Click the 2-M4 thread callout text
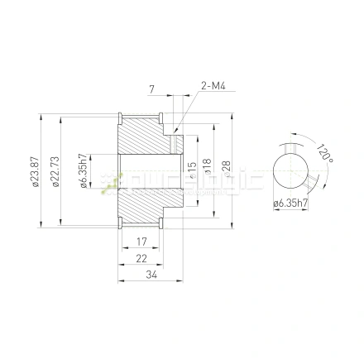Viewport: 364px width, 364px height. [x=212, y=84]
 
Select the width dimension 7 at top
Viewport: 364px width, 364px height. [x=152, y=89]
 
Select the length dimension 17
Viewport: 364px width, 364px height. [x=141, y=242]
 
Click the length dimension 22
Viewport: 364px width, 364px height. [x=141, y=259]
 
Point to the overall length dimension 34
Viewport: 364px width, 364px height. [x=150, y=275]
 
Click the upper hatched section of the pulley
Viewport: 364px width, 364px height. [x=145, y=132]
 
